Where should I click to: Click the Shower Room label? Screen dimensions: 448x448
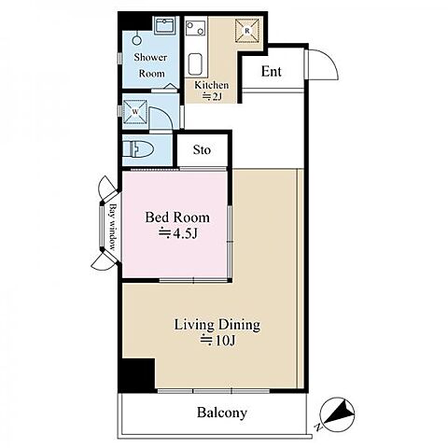click(x=150, y=65)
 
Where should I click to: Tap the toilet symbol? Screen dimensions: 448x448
click(x=138, y=149)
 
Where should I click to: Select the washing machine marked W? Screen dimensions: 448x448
click(x=135, y=112)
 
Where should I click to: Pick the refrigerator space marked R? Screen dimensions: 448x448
click(x=247, y=31)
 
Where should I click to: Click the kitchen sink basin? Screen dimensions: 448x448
click(x=195, y=64)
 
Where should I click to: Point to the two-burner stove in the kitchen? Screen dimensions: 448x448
click(x=195, y=28)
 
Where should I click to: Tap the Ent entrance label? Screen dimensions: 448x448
click(x=272, y=71)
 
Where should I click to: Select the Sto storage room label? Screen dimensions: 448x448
click(x=202, y=150)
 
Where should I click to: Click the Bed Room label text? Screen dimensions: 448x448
click(x=177, y=217)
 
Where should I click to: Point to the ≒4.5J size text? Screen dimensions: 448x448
click(x=178, y=233)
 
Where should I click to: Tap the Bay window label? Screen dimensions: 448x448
click(x=112, y=227)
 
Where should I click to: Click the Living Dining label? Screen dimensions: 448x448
click(x=217, y=325)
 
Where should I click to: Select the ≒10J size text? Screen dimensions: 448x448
click(x=217, y=341)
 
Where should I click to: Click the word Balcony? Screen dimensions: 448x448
click(x=222, y=413)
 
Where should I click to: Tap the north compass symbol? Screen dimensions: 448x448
click(x=337, y=414)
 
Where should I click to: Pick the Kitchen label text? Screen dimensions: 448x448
click(x=211, y=85)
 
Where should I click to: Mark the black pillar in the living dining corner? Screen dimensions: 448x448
click(x=138, y=375)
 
